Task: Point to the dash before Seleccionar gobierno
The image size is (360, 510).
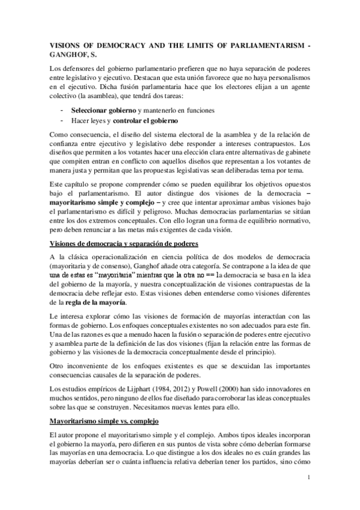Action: tap(63, 111)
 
